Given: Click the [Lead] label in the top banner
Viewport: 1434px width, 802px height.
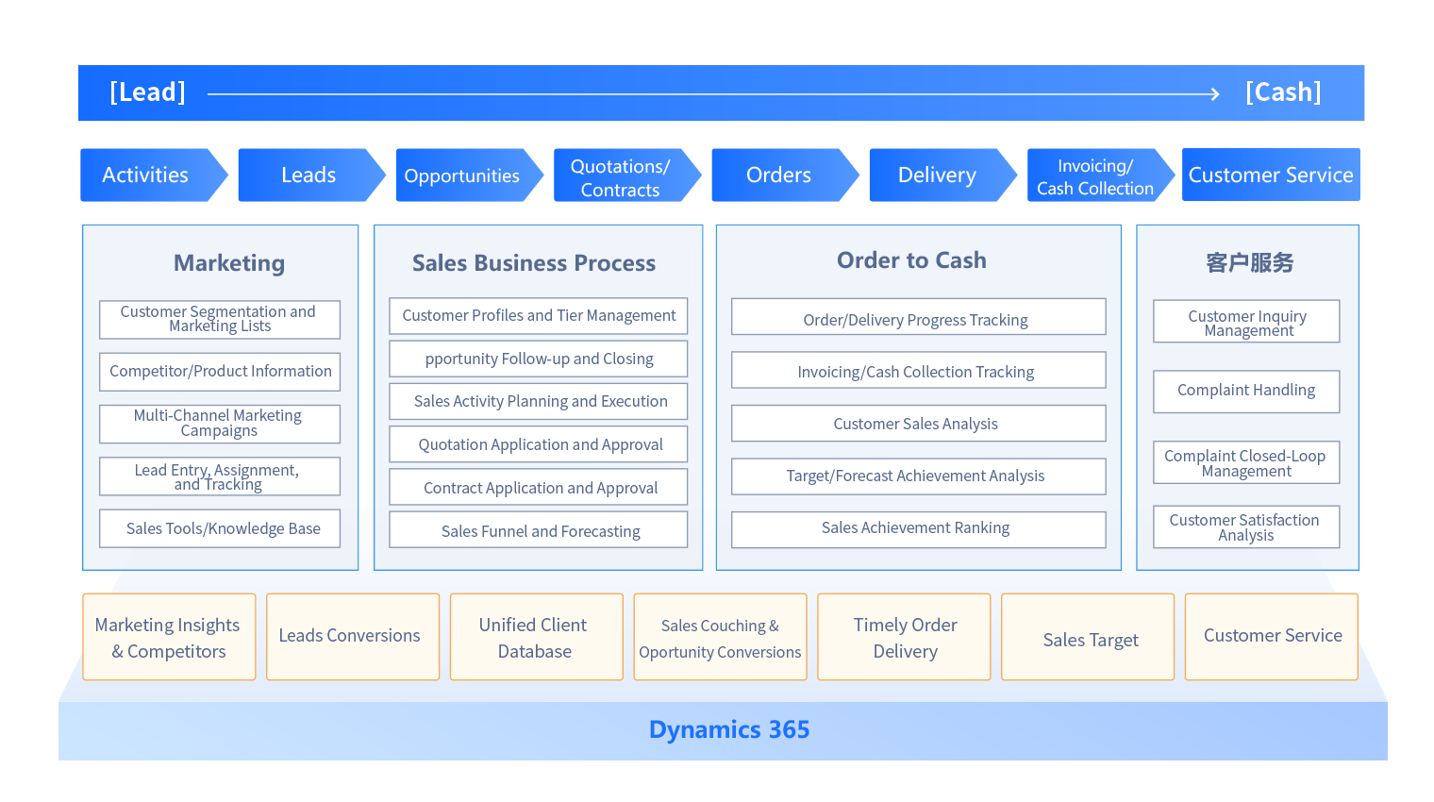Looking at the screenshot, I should pos(147,92).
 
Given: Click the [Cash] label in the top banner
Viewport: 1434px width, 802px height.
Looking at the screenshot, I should pos(1283,92).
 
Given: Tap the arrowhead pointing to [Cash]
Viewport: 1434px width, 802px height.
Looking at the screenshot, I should pos(1215,93).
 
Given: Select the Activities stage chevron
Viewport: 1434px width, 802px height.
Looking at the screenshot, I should pos(146,175).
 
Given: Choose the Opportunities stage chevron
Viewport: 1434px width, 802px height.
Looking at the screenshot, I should pos(462,175).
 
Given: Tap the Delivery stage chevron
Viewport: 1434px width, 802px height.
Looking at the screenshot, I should pos(937,175).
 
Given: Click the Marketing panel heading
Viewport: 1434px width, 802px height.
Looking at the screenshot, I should pos(229,263).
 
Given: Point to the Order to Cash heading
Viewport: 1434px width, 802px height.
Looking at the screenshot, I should pos(911,260).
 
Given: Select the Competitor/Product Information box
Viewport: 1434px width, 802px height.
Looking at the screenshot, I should pos(220,372).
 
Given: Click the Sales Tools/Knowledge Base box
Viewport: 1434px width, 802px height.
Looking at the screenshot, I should pos(223,528).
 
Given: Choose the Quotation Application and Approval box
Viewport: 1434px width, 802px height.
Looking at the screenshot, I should pos(540,444).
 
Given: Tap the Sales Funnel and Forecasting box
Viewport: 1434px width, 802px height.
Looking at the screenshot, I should pos(540,531).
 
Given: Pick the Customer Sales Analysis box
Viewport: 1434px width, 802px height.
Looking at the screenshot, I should pos(916,424).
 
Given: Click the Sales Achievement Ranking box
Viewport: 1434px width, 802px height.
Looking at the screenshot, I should pos(916,528).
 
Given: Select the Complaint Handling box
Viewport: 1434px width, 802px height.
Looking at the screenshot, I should pos(1245,391).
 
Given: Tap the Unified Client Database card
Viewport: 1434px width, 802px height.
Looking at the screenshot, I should pos(535,638).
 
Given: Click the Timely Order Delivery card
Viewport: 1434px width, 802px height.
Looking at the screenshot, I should pos(905,638).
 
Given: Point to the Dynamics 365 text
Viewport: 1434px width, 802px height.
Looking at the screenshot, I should pos(729,730).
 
